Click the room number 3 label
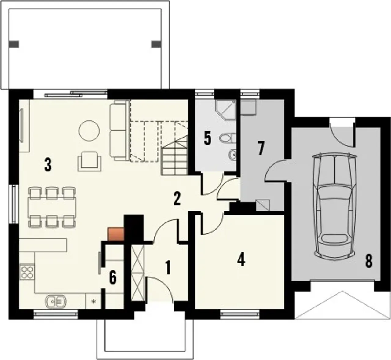[48, 165]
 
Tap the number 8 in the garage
[369, 261]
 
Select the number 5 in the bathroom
[207, 138]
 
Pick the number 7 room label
[261, 148]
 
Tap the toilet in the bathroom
[228, 138]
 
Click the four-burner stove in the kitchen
[27, 272]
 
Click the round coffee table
[89, 131]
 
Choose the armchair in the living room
[90, 161]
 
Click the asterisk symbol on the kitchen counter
[94, 302]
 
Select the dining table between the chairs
[52, 207]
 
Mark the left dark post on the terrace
[14, 44]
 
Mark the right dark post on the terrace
[156, 44]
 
